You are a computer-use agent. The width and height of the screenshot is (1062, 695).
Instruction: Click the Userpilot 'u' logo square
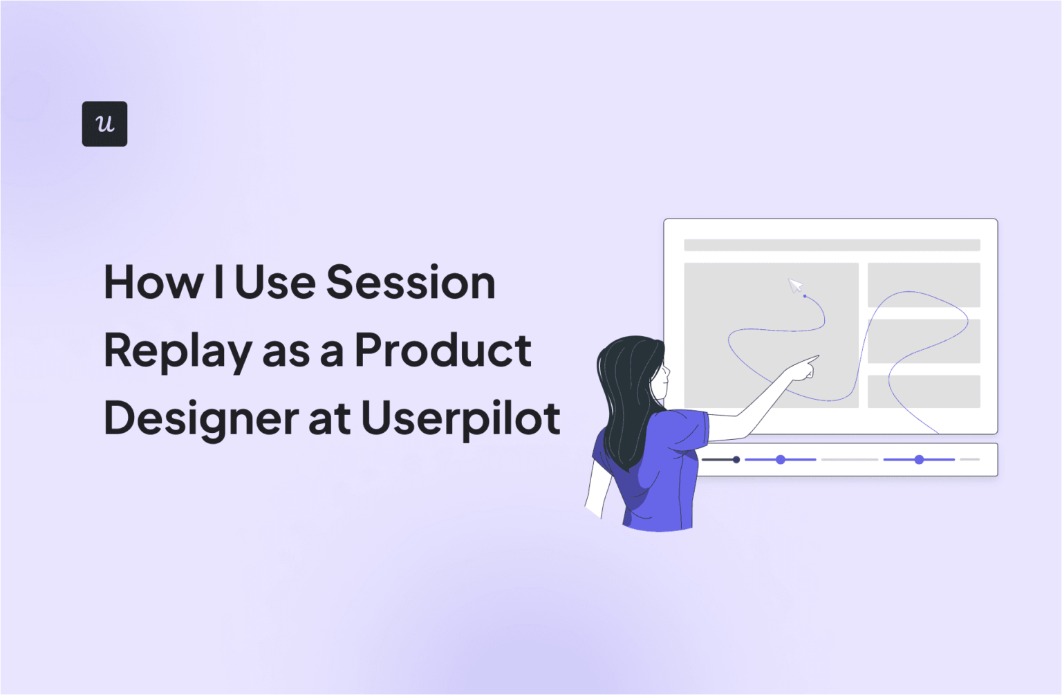[x=104, y=124]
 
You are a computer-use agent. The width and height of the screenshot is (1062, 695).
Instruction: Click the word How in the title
[x=153, y=283]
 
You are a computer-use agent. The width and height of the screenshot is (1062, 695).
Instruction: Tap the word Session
[x=410, y=283]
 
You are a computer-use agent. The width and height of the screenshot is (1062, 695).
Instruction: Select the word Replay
[x=177, y=351]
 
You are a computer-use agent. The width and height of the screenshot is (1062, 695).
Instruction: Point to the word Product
[x=442, y=350]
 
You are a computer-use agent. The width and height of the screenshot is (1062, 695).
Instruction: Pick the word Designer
[x=201, y=419]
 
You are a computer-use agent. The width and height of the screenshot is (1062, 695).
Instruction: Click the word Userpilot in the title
[x=460, y=419]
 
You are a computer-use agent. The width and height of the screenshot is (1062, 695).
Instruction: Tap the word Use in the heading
[x=274, y=283]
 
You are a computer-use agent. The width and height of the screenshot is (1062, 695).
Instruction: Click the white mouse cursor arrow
[x=795, y=286]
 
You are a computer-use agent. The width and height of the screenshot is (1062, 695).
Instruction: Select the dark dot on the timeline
[x=736, y=459]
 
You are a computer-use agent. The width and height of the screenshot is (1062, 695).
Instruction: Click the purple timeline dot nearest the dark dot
[x=781, y=459]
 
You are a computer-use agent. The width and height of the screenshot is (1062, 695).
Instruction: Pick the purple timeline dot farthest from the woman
[x=919, y=459]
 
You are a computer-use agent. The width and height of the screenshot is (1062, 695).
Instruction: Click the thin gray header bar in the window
[x=831, y=245]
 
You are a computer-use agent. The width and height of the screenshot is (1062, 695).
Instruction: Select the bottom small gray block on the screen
[x=924, y=391]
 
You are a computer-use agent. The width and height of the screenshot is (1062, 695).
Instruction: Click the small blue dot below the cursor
[x=805, y=296]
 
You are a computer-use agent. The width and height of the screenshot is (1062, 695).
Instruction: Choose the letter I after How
[x=218, y=283]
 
